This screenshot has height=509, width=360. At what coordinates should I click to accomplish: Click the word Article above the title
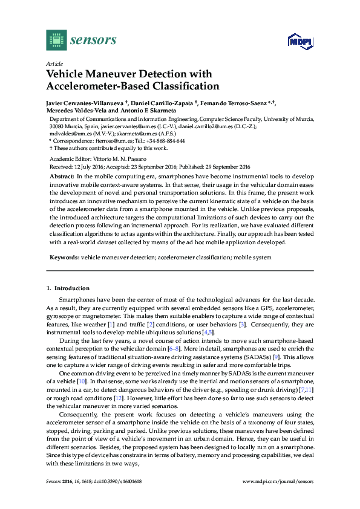pyautogui.click(x=53, y=63)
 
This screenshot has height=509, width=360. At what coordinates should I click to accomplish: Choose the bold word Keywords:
pyautogui.click(x=64, y=258)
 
